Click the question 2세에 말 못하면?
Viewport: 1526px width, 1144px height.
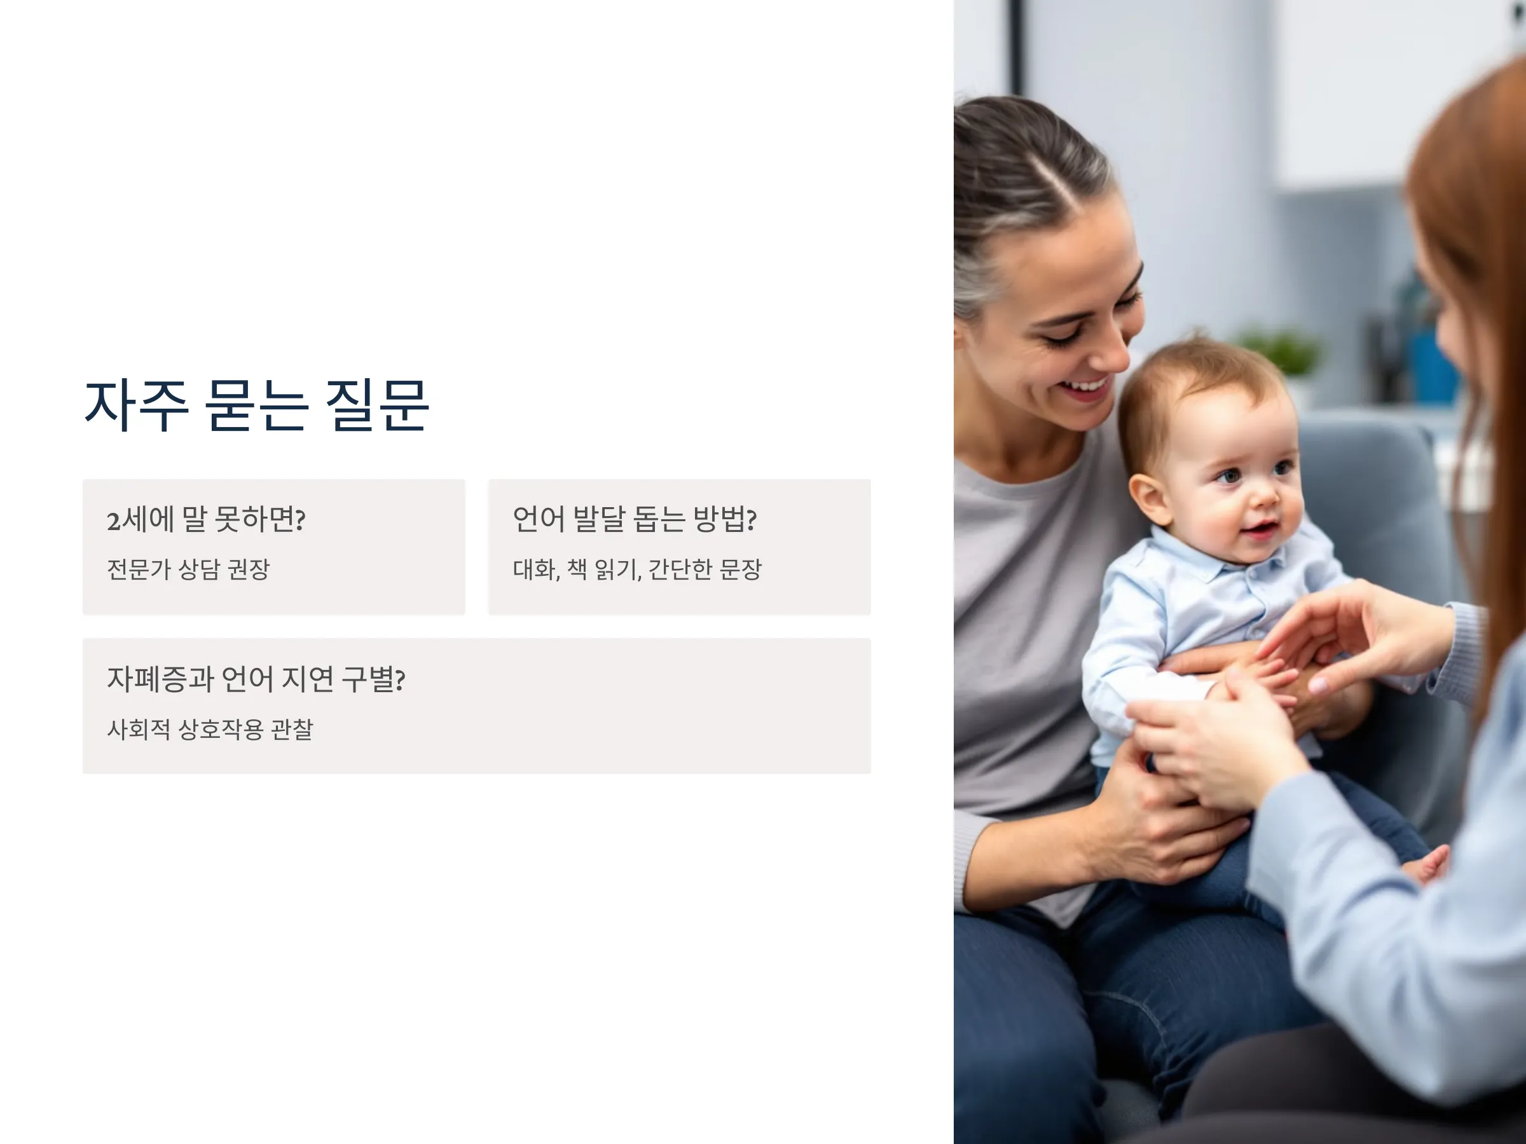coord(205,519)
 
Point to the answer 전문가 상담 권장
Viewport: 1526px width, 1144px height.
coord(188,569)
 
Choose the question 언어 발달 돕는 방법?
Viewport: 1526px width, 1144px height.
coord(635,519)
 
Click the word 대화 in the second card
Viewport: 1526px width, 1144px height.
coord(535,569)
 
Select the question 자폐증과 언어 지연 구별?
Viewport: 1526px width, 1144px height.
coord(256,679)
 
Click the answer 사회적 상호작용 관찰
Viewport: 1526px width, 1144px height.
coord(210,730)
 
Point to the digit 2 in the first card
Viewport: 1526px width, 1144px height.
coord(113,522)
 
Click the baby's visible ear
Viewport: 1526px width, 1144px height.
coord(1150,498)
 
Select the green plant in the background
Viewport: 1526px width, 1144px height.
coord(1281,351)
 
